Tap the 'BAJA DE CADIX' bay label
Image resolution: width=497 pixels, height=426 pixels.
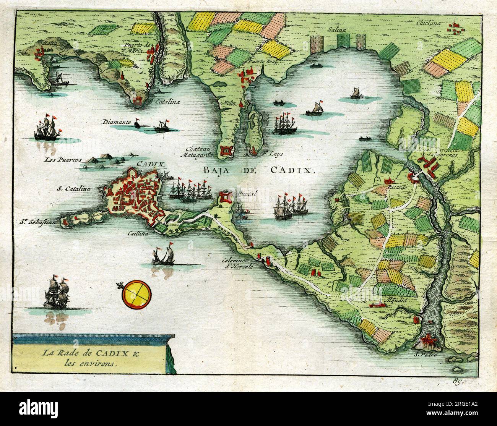(258, 170)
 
